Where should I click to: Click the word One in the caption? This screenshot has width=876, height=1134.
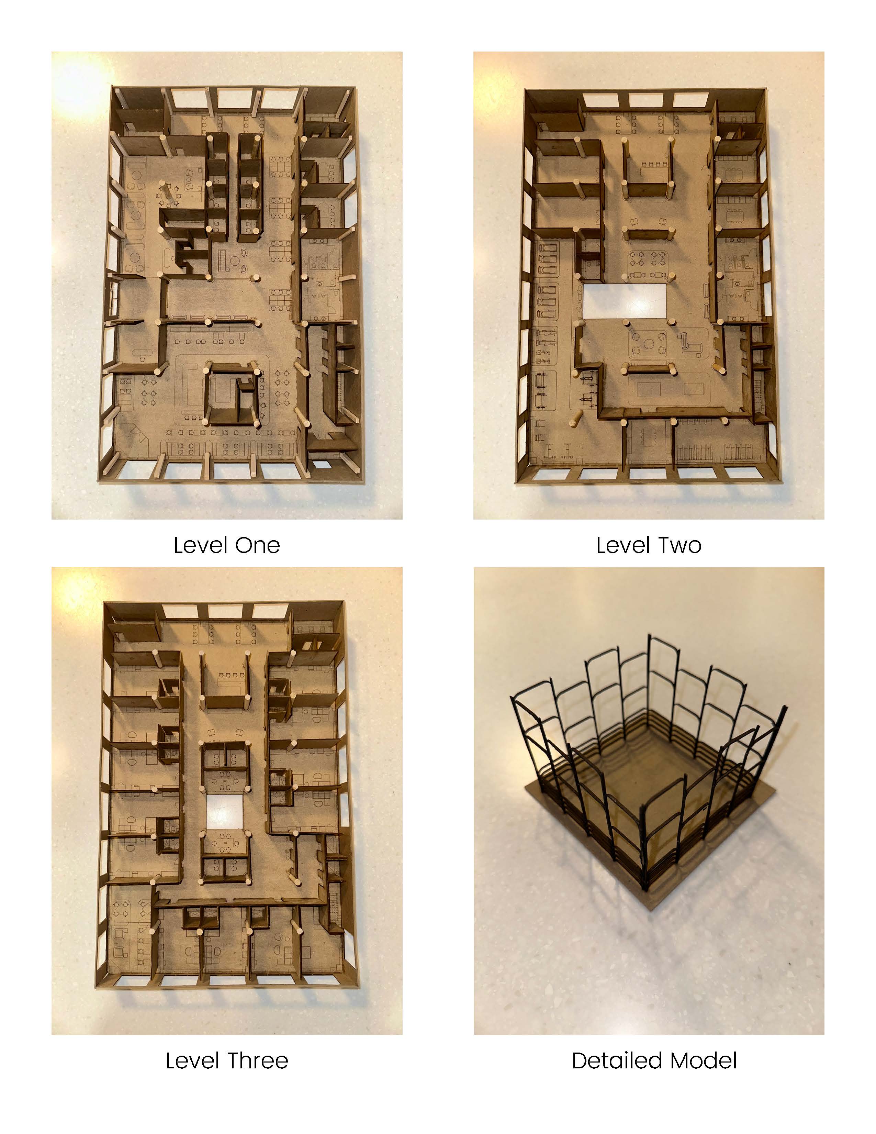[257, 545]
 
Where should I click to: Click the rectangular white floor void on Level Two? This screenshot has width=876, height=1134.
[624, 301]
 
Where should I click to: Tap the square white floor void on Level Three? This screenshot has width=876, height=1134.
[225, 812]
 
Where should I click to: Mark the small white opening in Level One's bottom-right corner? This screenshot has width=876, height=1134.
[320, 464]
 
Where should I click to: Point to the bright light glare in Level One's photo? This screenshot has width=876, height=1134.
[78, 83]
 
